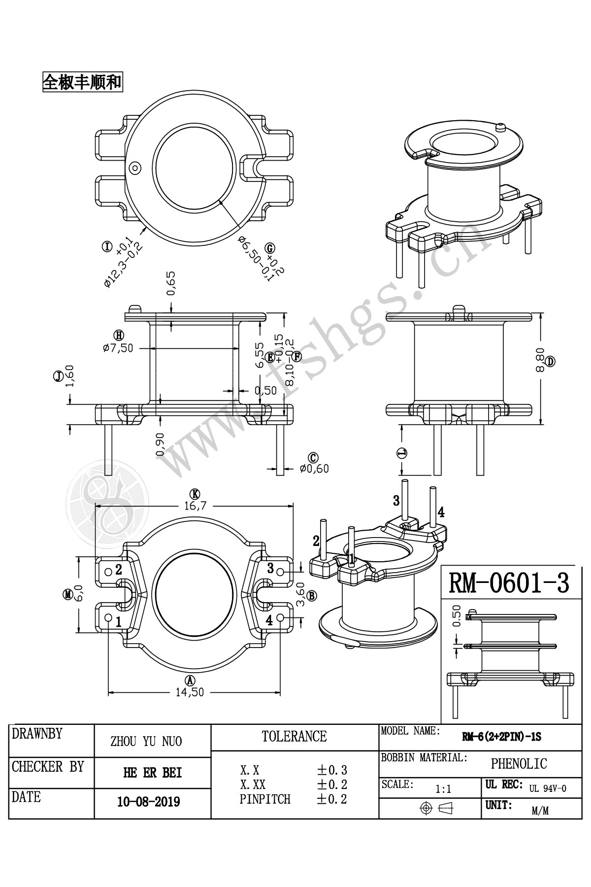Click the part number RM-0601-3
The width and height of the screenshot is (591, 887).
click(x=508, y=583)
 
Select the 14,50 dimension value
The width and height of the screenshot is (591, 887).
click(x=190, y=692)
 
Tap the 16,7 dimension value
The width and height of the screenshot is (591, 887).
click(x=195, y=505)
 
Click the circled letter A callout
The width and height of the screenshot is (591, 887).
click(x=190, y=681)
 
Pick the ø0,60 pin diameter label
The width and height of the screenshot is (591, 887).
click(x=314, y=469)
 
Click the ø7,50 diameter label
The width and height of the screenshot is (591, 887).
click(x=118, y=347)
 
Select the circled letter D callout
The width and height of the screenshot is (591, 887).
click(x=550, y=361)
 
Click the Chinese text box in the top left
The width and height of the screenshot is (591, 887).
click(x=82, y=82)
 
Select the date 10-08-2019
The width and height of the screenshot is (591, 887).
click(x=148, y=802)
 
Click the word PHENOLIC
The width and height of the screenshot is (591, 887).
click(x=519, y=764)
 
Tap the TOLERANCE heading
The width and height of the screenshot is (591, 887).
click(x=294, y=737)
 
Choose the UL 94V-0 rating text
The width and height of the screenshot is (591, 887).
click(x=548, y=788)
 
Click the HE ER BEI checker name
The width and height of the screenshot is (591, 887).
click(x=152, y=773)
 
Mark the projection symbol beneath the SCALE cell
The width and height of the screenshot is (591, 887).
click(x=436, y=808)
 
